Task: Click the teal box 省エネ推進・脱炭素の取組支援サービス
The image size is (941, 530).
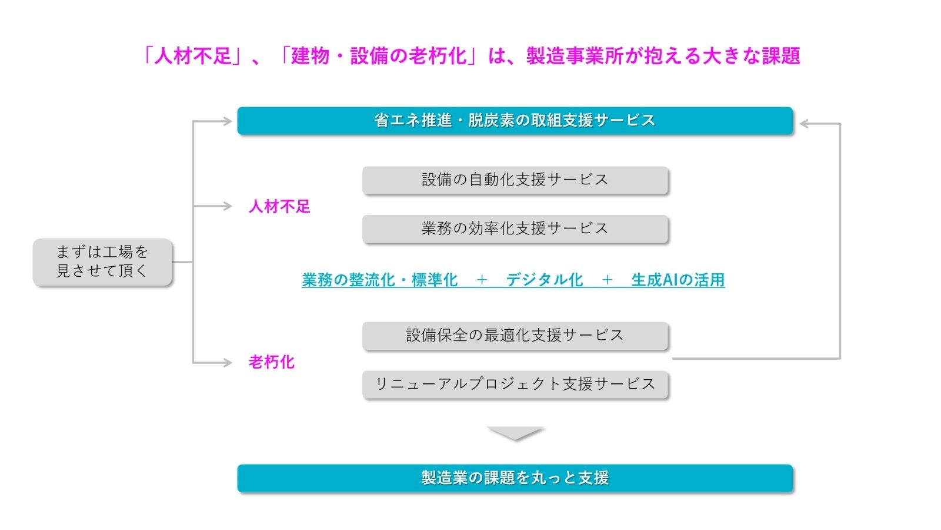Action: (x=515, y=121)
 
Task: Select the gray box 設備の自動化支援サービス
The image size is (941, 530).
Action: (x=515, y=180)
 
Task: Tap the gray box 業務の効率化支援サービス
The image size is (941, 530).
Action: (x=515, y=228)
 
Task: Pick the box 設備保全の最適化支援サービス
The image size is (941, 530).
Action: (x=515, y=336)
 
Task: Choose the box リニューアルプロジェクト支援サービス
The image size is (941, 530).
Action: (x=515, y=384)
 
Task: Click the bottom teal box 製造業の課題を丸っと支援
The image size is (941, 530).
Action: (x=515, y=478)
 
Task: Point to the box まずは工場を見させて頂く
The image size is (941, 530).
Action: (x=102, y=261)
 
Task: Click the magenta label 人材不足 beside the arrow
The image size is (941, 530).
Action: (x=279, y=207)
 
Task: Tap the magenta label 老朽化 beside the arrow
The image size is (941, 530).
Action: (x=271, y=362)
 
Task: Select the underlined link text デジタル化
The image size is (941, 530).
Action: (x=544, y=280)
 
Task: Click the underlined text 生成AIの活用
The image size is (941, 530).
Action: (x=678, y=280)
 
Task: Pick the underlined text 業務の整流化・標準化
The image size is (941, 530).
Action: (x=379, y=280)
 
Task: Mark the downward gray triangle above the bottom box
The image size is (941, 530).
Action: (x=515, y=433)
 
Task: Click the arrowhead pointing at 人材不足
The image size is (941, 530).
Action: (x=228, y=206)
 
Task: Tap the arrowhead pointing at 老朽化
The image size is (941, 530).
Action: (x=228, y=363)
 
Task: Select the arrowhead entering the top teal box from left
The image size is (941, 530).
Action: (x=228, y=121)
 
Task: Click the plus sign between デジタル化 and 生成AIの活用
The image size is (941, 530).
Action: (x=607, y=280)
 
